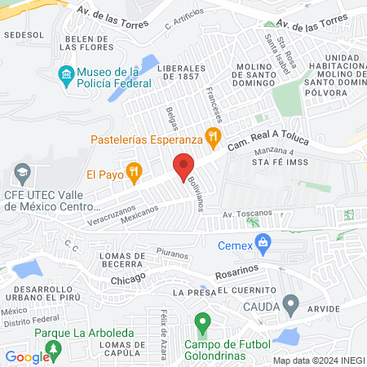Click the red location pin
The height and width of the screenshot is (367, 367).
pyautogui.click(x=183, y=167)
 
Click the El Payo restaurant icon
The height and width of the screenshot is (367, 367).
pyautogui.click(x=135, y=172)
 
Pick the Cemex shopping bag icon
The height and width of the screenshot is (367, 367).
pyautogui.click(x=263, y=242)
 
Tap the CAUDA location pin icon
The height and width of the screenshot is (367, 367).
pyautogui.click(x=291, y=306)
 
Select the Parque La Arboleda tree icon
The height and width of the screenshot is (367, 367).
pyautogui.click(x=54, y=351)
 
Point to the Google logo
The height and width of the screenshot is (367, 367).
pyautogui.click(x=27, y=356)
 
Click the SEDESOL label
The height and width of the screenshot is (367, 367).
pyautogui.click(x=23, y=36)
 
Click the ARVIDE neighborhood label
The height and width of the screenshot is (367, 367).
pyautogui.click(x=325, y=308)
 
